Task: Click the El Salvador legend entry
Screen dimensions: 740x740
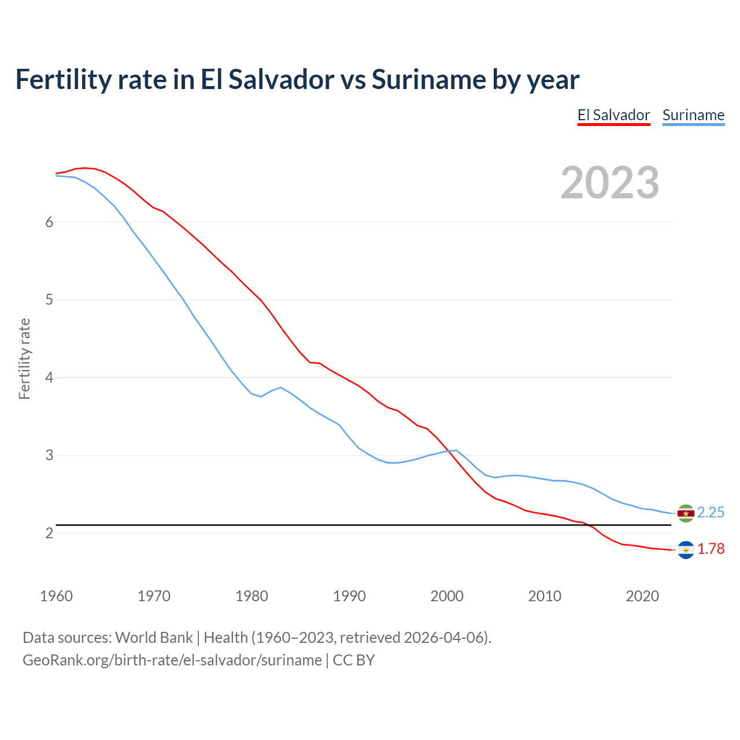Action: [x=613, y=115]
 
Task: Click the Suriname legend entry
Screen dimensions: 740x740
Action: [x=693, y=115]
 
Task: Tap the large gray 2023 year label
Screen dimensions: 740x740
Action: [x=610, y=183]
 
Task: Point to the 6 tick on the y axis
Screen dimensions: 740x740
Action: [x=49, y=222]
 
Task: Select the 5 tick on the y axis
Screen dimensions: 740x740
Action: [x=49, y=299]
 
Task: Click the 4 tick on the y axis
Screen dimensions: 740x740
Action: [x=49, y=378]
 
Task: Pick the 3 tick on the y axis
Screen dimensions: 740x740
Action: [x=49, y=455]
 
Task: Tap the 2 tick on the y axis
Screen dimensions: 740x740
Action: [x=49, y=533]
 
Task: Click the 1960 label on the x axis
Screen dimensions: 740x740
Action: [x=56, y=596]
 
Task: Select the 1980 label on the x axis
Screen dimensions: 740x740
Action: [x=251, y=596]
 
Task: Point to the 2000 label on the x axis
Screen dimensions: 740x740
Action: [x=447, y=596]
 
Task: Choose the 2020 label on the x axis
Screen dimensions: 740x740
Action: [x=642, y=596]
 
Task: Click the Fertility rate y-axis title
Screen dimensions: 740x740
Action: [x=24, y=358]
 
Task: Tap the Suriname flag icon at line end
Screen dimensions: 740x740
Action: [x=686, y=513]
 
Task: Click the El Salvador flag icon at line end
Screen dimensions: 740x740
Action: [x=686, y=550]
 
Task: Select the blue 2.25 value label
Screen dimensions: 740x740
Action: [x=711, y=513]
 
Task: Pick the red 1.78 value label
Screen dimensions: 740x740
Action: [x=711, y=549]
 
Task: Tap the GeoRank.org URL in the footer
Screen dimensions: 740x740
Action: [x=172, y=660]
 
